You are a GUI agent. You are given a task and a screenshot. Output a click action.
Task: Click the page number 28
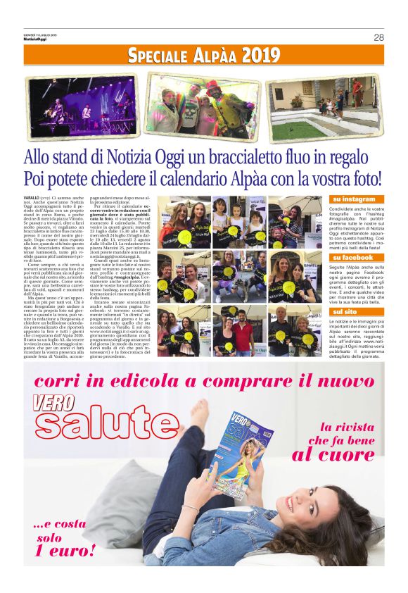(x=378, y=37)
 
